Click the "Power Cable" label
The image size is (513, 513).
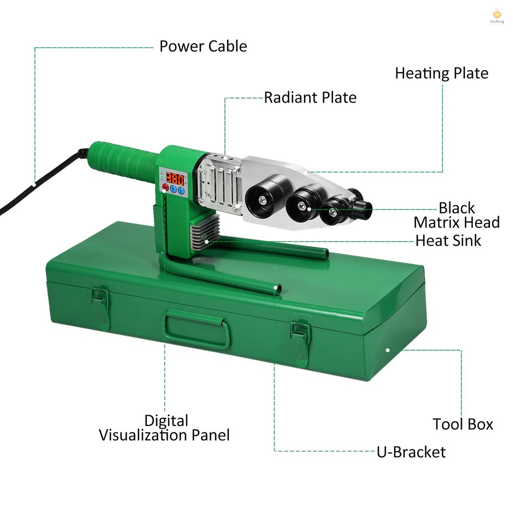tap(203, 46)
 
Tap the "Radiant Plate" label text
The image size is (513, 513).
tap(310, 98)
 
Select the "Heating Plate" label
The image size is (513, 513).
tap(442, 73)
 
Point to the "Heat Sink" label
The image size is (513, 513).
tap(448, 241)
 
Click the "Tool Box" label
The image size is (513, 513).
tap(462, 424)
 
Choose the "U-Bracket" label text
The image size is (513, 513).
tap(411, 452)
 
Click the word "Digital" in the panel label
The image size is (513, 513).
tap(166, 421)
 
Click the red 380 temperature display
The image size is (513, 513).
tap(175, 179)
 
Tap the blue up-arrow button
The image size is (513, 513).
tap(173, 189)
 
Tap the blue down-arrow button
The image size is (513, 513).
tap(181, 190)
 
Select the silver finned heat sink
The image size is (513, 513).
tap(204, 232)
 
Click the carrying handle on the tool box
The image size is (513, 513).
tap(196, 328)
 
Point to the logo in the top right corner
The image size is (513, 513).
tap(497, 17)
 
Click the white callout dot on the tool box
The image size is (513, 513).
tap(388, 350)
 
